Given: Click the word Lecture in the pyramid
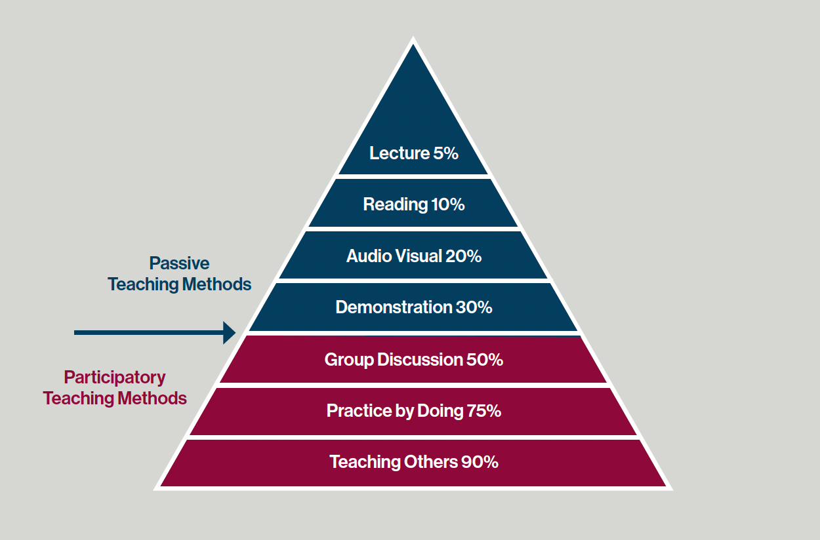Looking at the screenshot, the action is tap(399, 153).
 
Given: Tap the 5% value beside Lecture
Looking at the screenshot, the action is tap(445, 153).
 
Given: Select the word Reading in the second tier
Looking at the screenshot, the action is tap(395, 204).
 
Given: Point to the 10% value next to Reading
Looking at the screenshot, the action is tap(448, 204).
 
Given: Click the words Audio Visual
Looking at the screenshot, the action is tap(394, 256).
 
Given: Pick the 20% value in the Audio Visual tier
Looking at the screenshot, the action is tap(463, 256).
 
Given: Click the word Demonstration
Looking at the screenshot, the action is tap(394, 307).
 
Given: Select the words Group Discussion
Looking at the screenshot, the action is tap(394, 360).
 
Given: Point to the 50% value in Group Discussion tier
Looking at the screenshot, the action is tap(485, 360).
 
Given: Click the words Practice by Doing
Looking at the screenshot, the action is tap(395, 411).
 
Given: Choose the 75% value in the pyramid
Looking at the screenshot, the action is tap(484, 411).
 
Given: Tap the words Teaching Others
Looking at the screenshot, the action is tap(393, 462).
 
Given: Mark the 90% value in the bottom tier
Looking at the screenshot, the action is tap(480, 462).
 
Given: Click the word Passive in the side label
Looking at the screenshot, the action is tap(180, 263).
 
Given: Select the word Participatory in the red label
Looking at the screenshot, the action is tap(115, 377).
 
